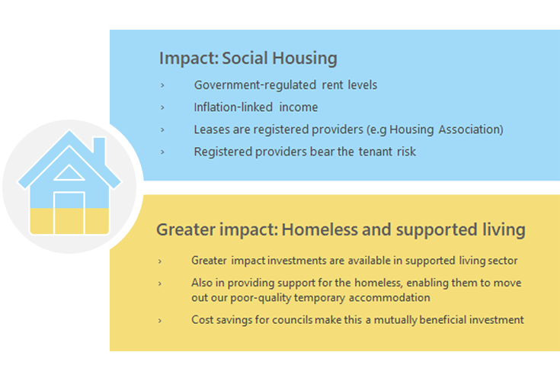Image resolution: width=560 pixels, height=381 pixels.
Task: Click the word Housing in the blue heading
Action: pos(305,59)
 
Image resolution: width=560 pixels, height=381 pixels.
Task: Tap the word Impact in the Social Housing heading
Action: pos(189,59)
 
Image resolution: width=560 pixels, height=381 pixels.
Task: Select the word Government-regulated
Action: pos(255,85)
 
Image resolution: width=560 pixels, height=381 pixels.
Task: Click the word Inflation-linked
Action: pos(233,107)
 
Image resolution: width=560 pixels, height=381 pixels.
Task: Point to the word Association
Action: pos(471,130)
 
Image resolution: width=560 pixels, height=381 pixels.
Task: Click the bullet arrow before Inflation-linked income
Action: pos(162,107)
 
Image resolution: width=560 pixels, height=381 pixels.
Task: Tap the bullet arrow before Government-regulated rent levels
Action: pos(162,85)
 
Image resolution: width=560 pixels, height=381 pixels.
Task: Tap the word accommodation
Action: pos(389,298)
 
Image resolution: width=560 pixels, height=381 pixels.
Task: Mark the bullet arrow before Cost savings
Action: pos(160,321)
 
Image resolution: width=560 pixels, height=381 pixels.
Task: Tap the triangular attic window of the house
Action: pos(69,173)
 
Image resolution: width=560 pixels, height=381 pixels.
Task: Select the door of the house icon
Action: pos(69,213)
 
